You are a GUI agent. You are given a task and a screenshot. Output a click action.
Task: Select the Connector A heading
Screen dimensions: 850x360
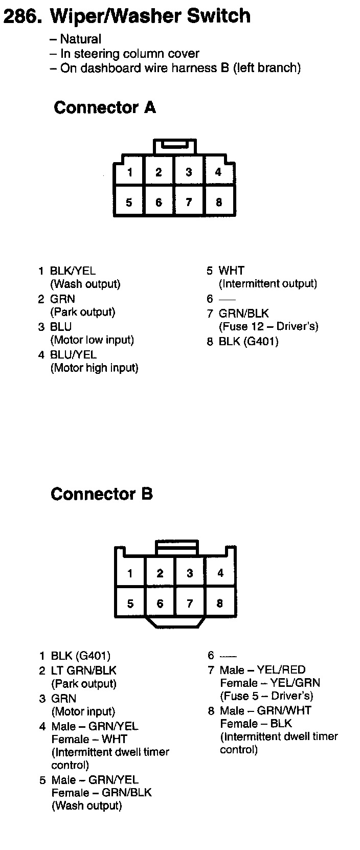tap(104, 107)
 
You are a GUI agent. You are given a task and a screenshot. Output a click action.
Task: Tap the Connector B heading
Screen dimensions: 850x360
tap(101, 494)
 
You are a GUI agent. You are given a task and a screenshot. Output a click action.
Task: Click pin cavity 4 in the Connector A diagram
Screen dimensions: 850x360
tap(218, 172)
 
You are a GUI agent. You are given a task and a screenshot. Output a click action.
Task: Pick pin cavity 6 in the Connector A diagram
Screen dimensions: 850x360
tap(159, 203)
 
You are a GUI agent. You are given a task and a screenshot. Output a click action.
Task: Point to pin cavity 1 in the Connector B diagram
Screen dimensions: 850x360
tap(130, 573)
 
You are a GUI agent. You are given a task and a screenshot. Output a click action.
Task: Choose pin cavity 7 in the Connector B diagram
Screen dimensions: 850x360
tap(190, 603)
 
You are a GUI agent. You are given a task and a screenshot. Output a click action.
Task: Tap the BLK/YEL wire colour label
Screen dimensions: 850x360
tap(73, 271)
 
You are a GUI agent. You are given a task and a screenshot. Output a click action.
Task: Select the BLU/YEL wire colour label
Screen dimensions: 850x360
tap(73, 354)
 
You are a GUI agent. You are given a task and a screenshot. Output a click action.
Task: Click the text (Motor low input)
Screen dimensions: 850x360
tap(92, 340)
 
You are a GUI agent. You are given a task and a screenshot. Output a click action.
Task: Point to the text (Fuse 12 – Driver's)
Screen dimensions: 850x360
tap(268, 326)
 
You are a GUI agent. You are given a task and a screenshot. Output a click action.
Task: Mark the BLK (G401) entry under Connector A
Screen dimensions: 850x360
tap(249, 341)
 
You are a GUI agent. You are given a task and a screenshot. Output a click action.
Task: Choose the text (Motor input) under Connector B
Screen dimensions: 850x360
tap(83, 711)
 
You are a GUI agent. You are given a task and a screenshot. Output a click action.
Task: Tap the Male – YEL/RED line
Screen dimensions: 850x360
tap(262, 670)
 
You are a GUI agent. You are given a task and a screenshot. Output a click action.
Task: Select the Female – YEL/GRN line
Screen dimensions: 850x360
tap(270, 683)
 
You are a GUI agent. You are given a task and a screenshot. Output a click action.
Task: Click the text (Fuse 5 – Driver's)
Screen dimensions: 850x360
tap(266, 696)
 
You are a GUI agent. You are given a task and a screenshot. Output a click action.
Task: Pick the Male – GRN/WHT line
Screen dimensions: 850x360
tap(265, 710)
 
